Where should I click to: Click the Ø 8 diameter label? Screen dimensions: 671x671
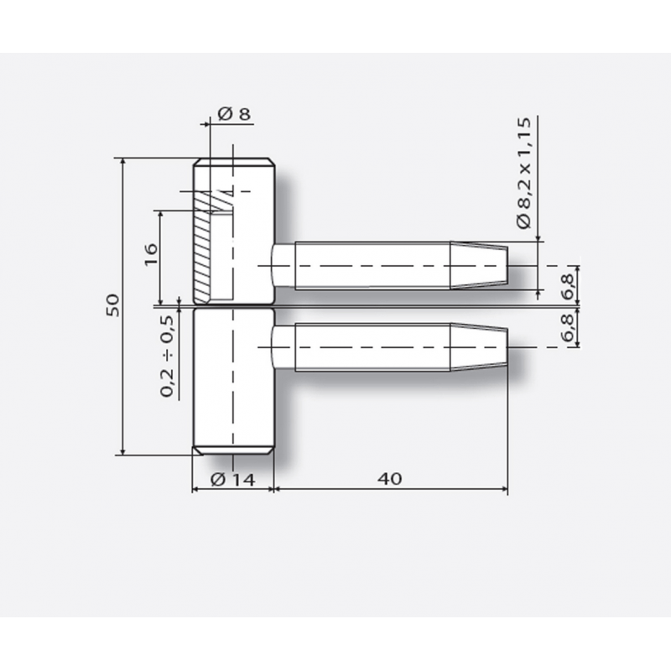click(x=234, y=114)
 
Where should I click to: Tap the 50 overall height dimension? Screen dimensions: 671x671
click(x=113, y=305)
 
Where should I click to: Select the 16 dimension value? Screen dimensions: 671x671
click(x=151, y=255)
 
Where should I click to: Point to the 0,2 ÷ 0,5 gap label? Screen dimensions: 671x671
click(x=167, y=356)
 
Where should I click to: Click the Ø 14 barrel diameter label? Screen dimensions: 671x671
click(x=233, y=480)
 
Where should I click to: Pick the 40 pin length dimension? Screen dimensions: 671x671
click(x=390, y=479)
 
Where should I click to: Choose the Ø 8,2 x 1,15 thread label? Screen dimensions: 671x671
click(x=523, y=174)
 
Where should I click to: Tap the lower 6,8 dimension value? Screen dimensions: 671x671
click(x=569, y=327)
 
